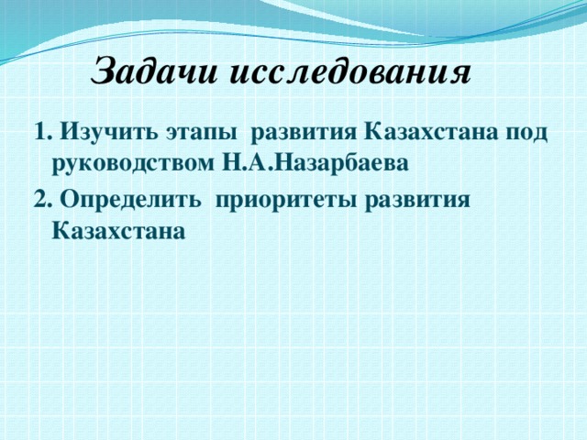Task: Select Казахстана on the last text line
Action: click(120, 231)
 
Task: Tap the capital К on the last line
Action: click(62, 231)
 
